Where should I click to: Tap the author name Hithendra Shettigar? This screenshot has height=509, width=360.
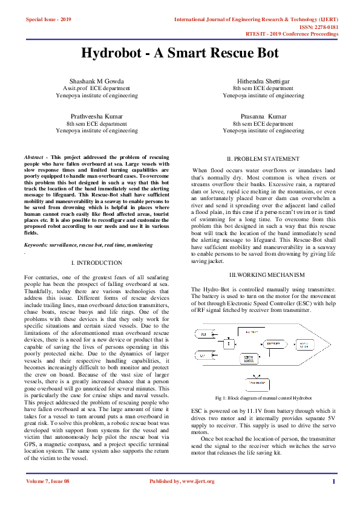point(263,80)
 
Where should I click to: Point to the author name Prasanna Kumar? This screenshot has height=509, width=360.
point(263,115)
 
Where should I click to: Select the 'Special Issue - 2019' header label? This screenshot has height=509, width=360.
point(48,20)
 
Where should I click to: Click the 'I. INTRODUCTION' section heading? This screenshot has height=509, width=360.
point(97,263)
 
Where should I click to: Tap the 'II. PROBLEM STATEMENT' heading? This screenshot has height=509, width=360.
point(263,159)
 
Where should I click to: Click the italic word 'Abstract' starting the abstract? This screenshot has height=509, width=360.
point(33,156)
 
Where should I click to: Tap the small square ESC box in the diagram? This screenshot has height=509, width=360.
point(228,344)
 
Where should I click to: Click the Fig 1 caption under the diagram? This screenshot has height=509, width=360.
point(263,399)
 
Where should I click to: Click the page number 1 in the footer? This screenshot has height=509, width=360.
point(333,481)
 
